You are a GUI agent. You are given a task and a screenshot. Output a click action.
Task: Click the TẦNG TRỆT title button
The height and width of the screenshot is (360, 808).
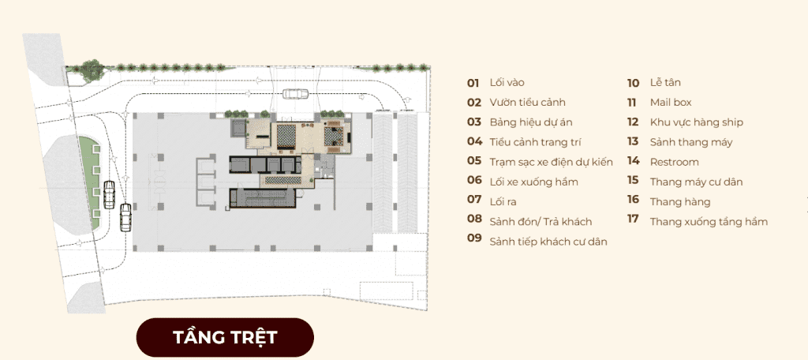pos(225,338)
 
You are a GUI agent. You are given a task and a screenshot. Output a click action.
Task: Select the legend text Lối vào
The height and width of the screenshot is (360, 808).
pos(507,83)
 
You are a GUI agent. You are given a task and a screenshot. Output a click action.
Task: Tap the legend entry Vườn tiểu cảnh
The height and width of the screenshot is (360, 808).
pos(527,103)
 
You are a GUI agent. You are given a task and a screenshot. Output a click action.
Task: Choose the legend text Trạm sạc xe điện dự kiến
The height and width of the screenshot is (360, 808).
pos(550,162)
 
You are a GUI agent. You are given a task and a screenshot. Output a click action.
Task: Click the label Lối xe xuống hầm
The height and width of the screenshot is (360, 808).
pos(533,182)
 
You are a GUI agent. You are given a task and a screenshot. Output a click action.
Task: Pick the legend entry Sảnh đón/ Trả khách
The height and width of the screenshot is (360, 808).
pos(540,221)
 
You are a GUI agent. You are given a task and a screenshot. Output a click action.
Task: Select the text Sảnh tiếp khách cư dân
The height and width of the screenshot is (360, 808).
pos(548,242)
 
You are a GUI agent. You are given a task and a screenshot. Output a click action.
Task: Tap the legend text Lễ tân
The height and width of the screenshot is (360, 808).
pos(665,83)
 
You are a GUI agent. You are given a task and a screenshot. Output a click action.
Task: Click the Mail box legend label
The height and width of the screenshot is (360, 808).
pos(671,103)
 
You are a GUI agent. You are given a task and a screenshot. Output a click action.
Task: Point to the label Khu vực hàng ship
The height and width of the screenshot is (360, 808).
pos(696,122)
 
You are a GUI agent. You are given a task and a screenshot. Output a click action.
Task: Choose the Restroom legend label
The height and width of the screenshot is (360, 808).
pos(674,162)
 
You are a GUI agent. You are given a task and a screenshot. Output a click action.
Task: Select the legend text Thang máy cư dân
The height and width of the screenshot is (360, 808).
pos(696,182)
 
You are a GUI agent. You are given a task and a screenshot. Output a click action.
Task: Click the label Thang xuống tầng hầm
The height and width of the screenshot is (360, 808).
pos(708,222)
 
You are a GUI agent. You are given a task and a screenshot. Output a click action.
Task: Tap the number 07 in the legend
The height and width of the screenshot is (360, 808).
pos(473,200)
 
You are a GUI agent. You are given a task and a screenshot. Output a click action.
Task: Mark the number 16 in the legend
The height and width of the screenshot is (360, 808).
pos(633,201)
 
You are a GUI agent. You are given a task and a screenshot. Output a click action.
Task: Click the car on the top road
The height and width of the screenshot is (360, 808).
pos(295,94)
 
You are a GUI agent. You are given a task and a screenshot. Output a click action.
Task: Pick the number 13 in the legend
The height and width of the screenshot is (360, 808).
pos(633,142)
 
